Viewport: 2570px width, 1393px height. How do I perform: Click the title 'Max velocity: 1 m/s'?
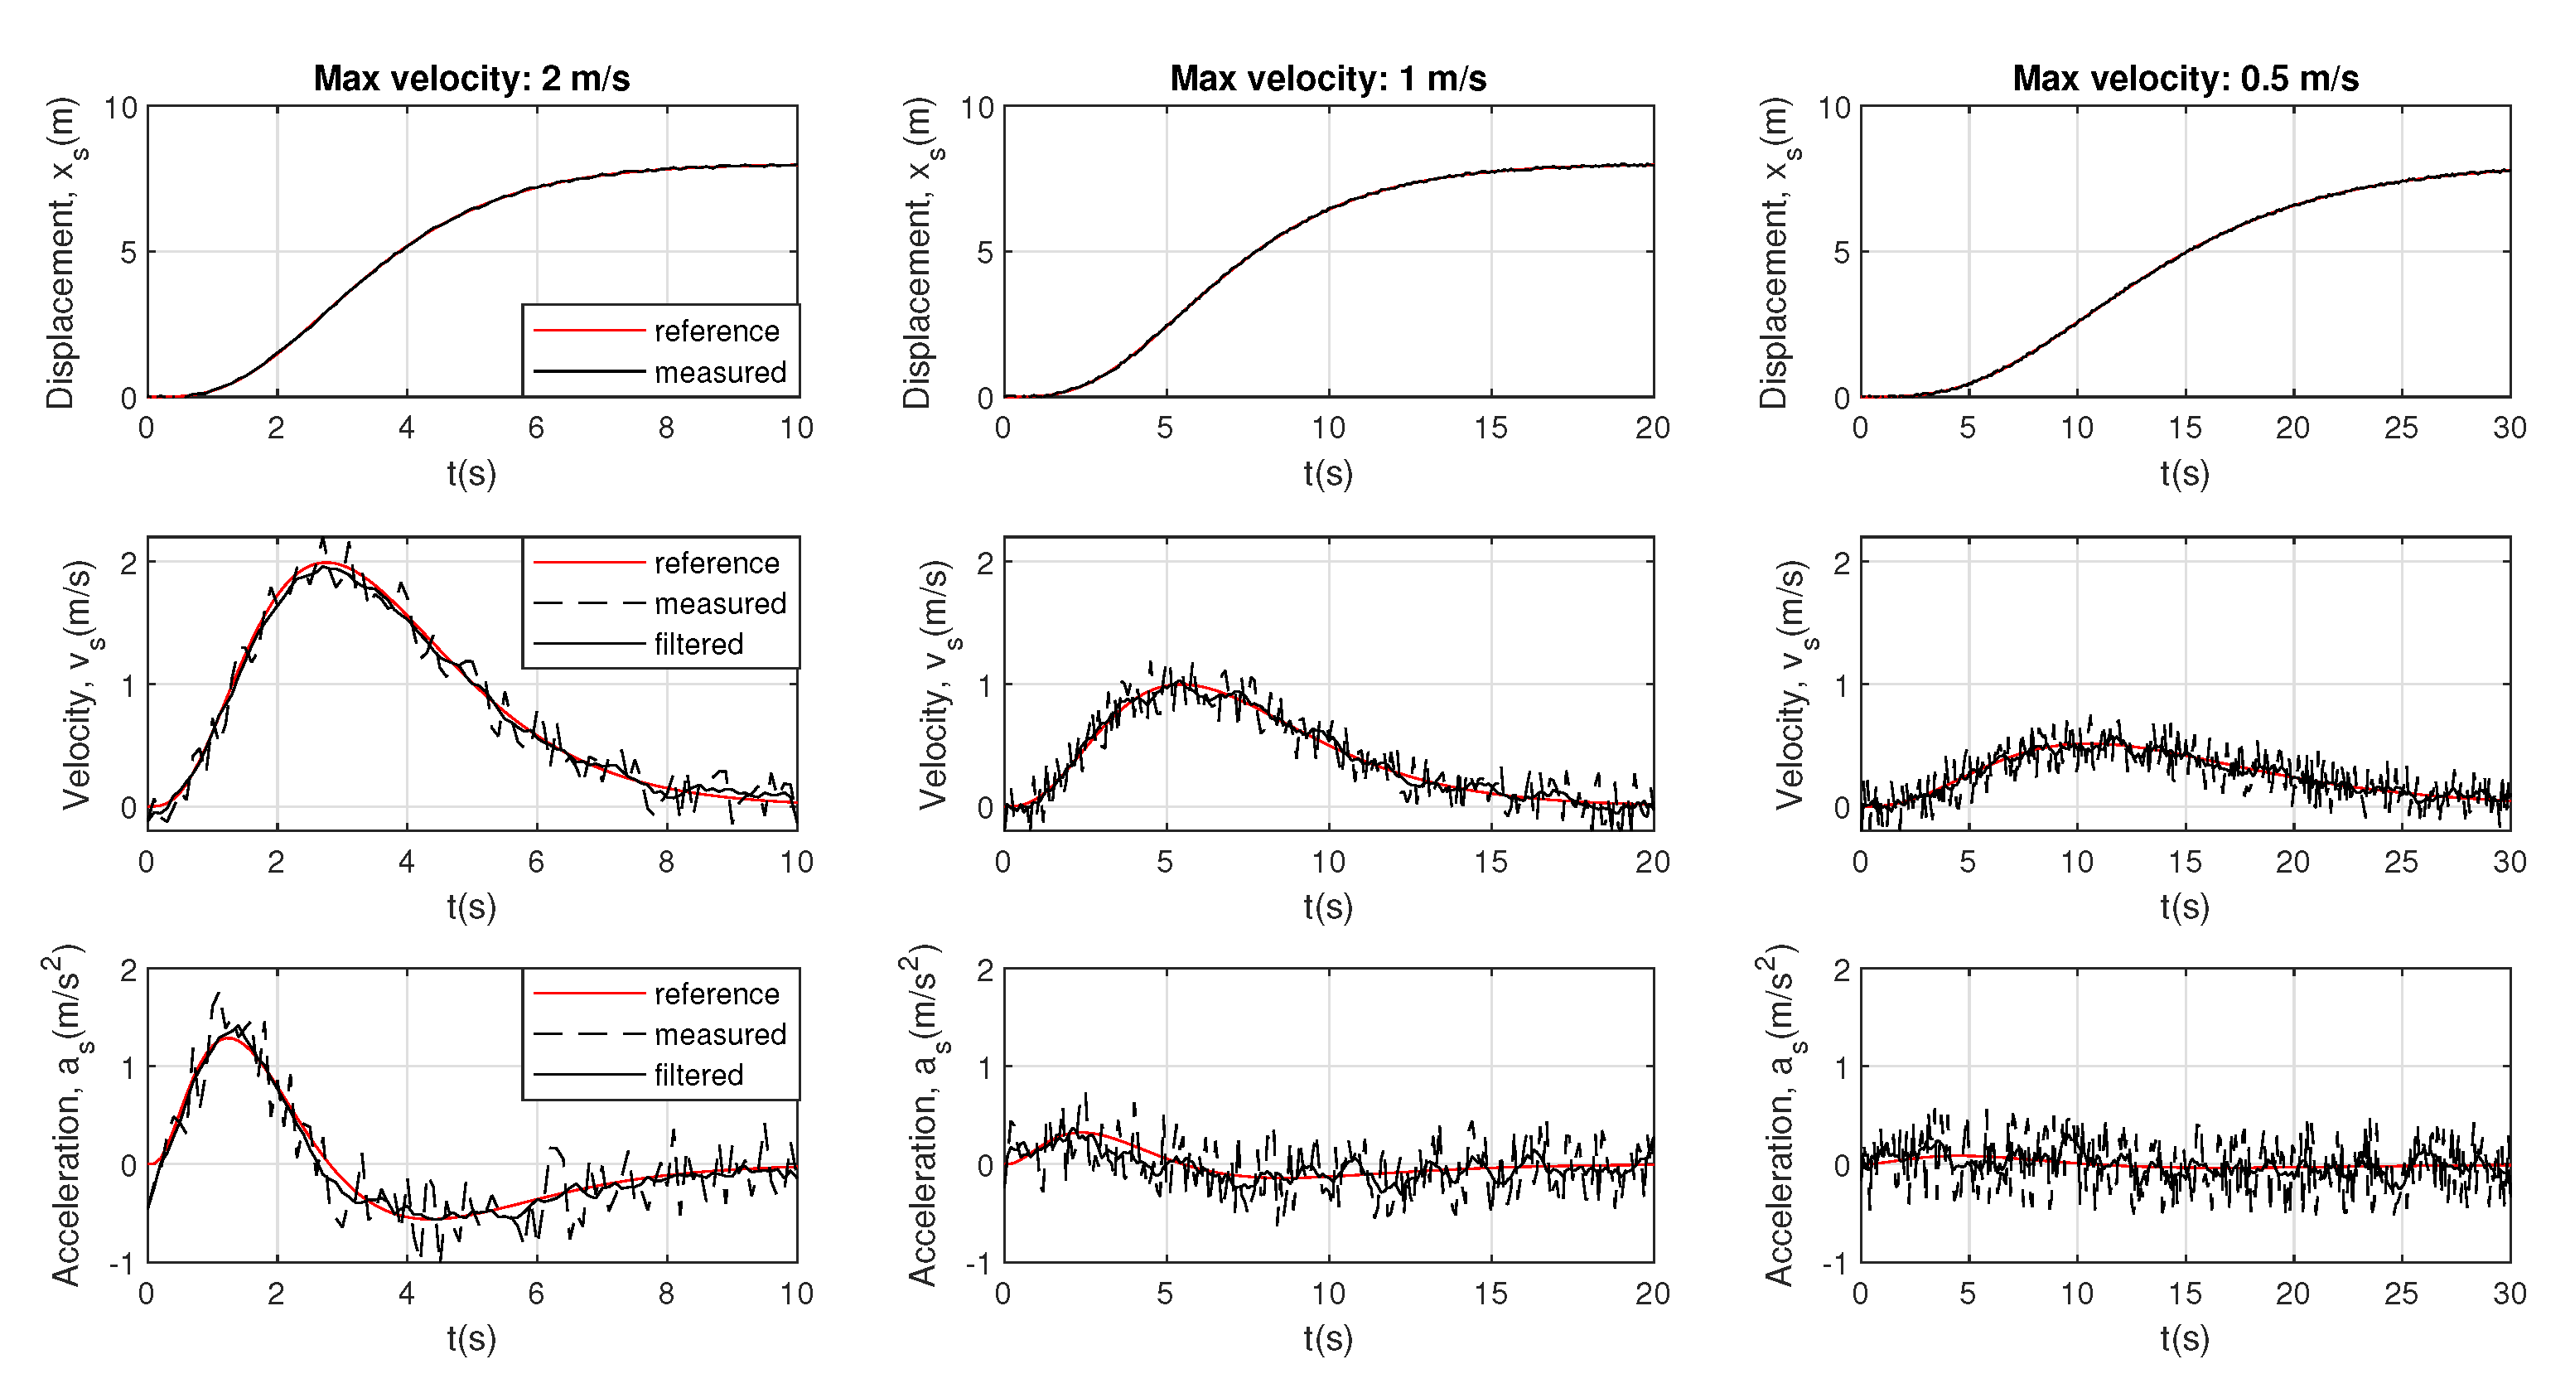(1328, 78)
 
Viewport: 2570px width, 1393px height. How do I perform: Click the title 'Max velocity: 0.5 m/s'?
(2185, 78)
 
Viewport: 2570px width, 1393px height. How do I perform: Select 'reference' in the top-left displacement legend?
(717, 331)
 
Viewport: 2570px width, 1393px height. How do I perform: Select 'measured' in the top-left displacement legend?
(720, 372)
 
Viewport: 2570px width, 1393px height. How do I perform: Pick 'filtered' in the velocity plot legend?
(698, 644)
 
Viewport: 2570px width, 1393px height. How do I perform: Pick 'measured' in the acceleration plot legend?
(720, 1034)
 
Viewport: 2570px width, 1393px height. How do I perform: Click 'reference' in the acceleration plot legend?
(717, 994)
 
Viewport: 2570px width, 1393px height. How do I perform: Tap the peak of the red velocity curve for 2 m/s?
(324, 563)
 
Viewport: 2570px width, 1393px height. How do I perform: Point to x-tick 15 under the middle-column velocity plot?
(1490, 862)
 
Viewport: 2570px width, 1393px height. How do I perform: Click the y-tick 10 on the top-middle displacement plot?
(977, 107)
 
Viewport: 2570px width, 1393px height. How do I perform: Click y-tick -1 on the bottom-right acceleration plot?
(1833, 1263)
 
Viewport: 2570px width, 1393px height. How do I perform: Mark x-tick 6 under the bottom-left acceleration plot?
(536, 1294)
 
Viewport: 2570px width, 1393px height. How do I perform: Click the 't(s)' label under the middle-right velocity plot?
(2185, 906)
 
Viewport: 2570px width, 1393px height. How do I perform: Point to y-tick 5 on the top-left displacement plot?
(128, 253)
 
